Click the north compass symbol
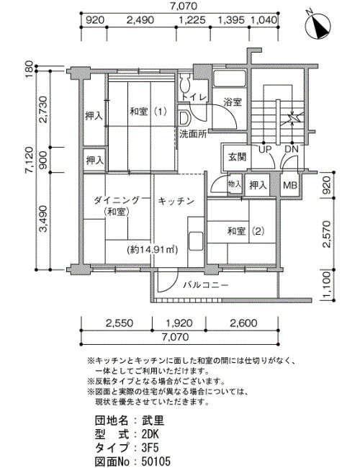click(x=318, y=25)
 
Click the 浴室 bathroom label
click(x=233, y=102)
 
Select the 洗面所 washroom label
click(x=193, y=134)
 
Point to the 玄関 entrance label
click(x=237, y=157)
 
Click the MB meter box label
click(x=290, y=185)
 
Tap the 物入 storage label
click(x=234, y=184)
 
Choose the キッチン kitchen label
click(x=176, y=201)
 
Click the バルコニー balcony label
click(x=206, y=285)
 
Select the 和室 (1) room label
click(x=148, y=112)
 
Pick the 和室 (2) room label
click(x=246, y=231)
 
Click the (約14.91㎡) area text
click(x=152, y=250)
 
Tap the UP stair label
click(x=265, y=149)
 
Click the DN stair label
click(x=292, y=149)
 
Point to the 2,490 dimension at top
click(x=140, y=20)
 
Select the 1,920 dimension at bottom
click(x=179, y=323)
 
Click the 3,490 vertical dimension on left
click(x=44, y=219)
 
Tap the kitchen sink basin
click(x=196, y=240)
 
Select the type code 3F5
click(x=150, y=448)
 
